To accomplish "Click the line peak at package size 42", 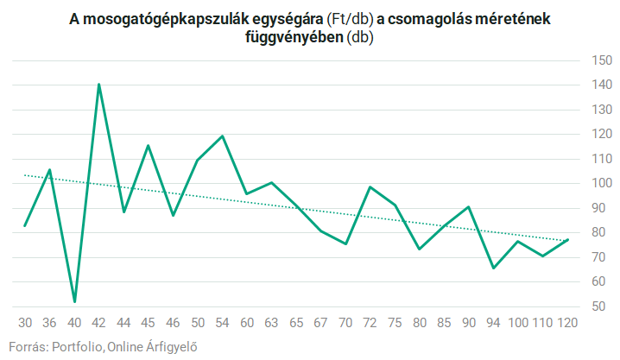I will (99, 85).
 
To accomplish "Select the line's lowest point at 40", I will (74, 301).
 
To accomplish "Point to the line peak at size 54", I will (223, 136).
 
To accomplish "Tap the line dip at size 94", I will (493, 268).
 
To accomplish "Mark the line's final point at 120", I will (567, 239).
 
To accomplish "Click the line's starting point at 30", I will (25, 226).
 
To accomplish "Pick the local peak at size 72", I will (370, 187).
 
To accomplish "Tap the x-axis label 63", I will (272, 323).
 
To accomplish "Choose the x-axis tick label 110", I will (542, 323).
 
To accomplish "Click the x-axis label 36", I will (50, 323).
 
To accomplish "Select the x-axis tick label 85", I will (444, 323).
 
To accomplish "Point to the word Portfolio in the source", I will (78, 347).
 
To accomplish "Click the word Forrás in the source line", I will (27, 347).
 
